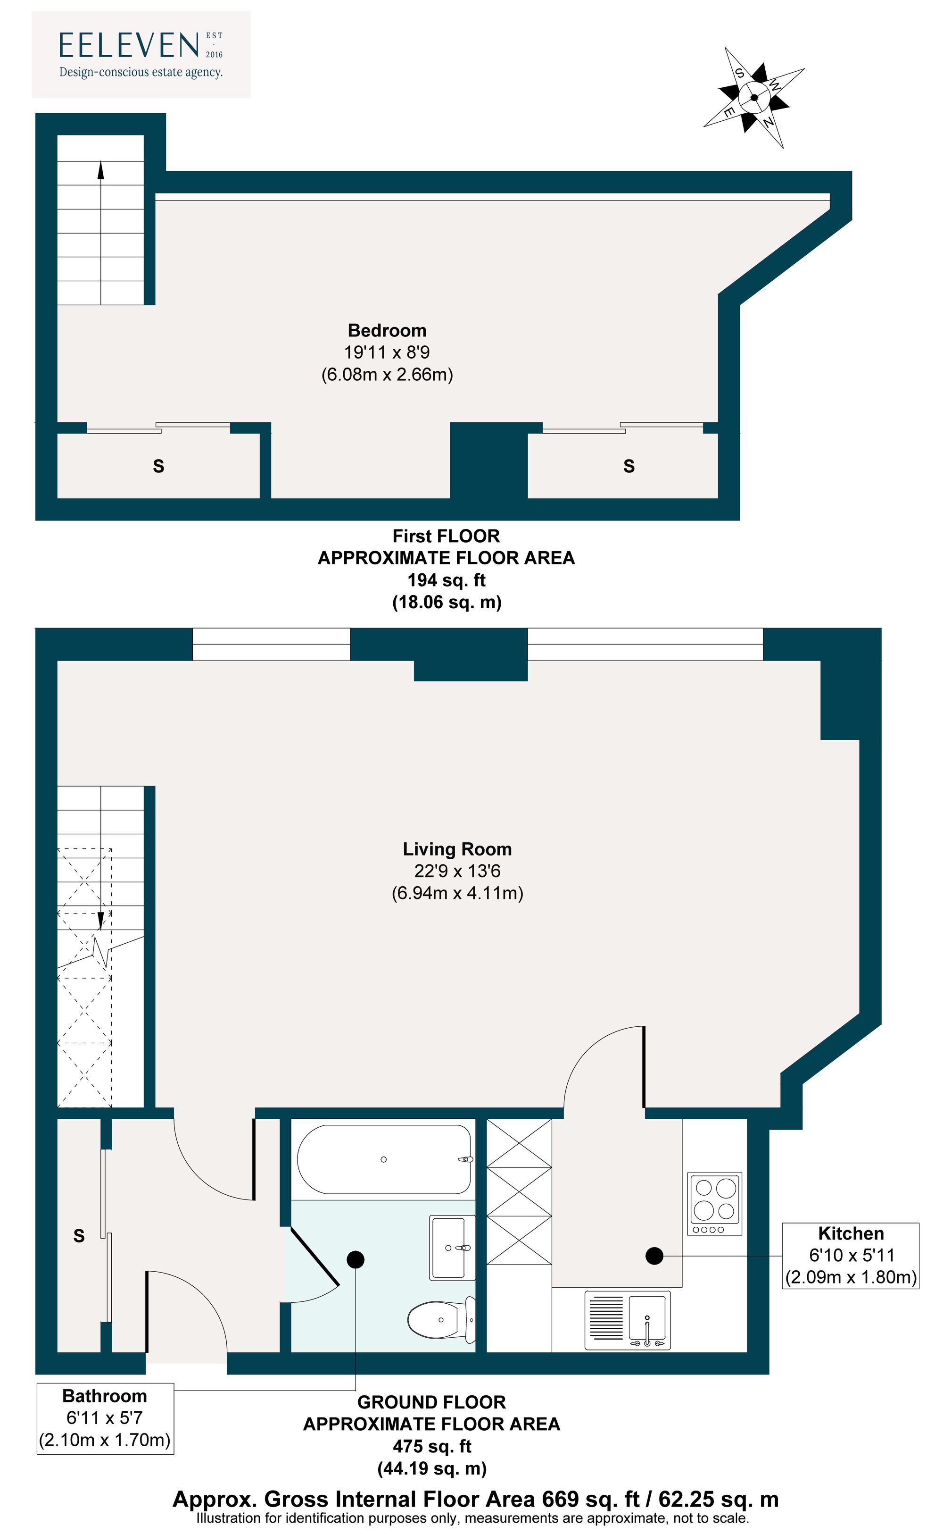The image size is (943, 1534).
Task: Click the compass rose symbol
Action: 753,97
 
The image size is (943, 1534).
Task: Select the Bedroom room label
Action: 387,330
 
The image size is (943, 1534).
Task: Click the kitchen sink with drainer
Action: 628,1321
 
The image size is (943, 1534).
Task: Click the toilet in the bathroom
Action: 441,1320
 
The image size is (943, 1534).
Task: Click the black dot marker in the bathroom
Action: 356,1259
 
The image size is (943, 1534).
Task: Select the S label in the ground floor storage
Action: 79,1236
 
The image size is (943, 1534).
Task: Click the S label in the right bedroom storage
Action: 629,466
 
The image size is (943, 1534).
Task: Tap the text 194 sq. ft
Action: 446,580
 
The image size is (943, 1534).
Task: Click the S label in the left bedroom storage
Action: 158,466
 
